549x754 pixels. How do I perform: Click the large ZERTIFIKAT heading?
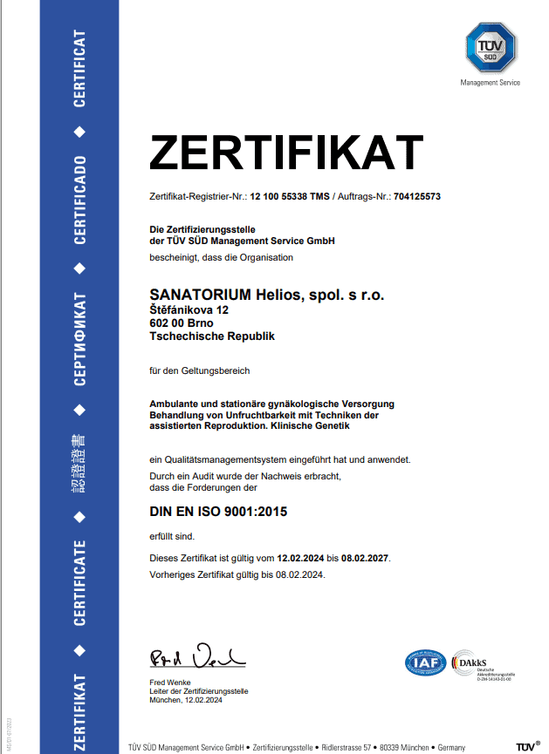[x=286, y=154]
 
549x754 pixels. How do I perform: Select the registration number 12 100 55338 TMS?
[x=290, y=197]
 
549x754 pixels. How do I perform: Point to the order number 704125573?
[x=416, y=197]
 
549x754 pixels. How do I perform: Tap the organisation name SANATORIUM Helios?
[x=267, y=295]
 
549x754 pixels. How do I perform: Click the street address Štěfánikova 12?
[x=189, y=309]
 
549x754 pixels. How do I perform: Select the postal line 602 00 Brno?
[x=181, y=323]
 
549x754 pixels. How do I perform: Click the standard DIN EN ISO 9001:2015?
[x=218, y=512]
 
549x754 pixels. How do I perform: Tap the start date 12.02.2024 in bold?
[x=300, y=557]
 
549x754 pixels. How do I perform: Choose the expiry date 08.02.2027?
[x=364, y=557]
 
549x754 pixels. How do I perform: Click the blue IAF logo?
[x=425, y=662]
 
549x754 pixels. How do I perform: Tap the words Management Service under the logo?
[x=490, y=83]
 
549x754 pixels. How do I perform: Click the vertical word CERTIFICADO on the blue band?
[x=79, y=200]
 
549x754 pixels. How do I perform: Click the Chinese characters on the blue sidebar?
[x=79, y=463]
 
